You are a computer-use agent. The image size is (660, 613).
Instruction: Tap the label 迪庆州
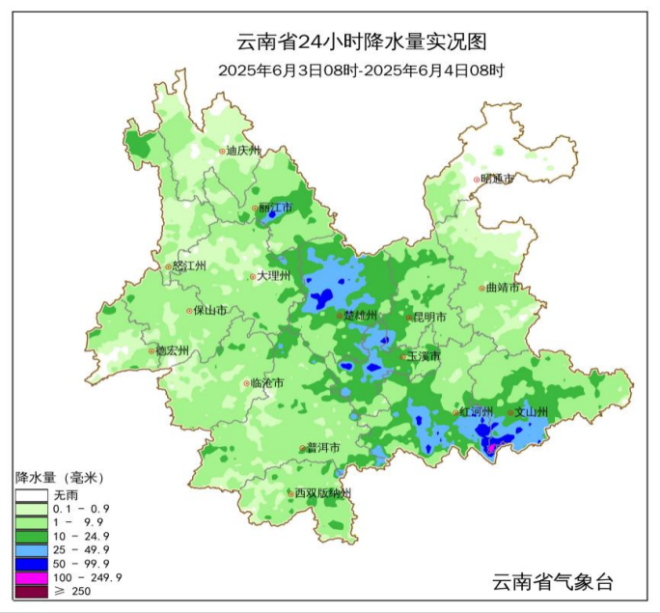[243, 151]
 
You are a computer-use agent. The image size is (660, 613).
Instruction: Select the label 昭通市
[497, 179]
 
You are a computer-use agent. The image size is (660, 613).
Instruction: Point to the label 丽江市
[275, 208]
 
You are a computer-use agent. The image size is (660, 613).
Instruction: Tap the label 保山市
[210, 311]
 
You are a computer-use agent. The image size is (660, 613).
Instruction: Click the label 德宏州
[173, 350]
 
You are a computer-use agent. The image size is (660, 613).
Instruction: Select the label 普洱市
[323, 448]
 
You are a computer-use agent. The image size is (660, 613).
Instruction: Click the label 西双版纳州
[323, 493]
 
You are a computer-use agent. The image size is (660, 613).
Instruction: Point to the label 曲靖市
[503, 288]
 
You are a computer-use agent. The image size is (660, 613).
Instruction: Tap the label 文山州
[531, 411]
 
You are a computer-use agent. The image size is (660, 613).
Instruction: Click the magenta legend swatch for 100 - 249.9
[31, 577]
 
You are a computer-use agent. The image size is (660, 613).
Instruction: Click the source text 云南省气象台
[552, 581]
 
